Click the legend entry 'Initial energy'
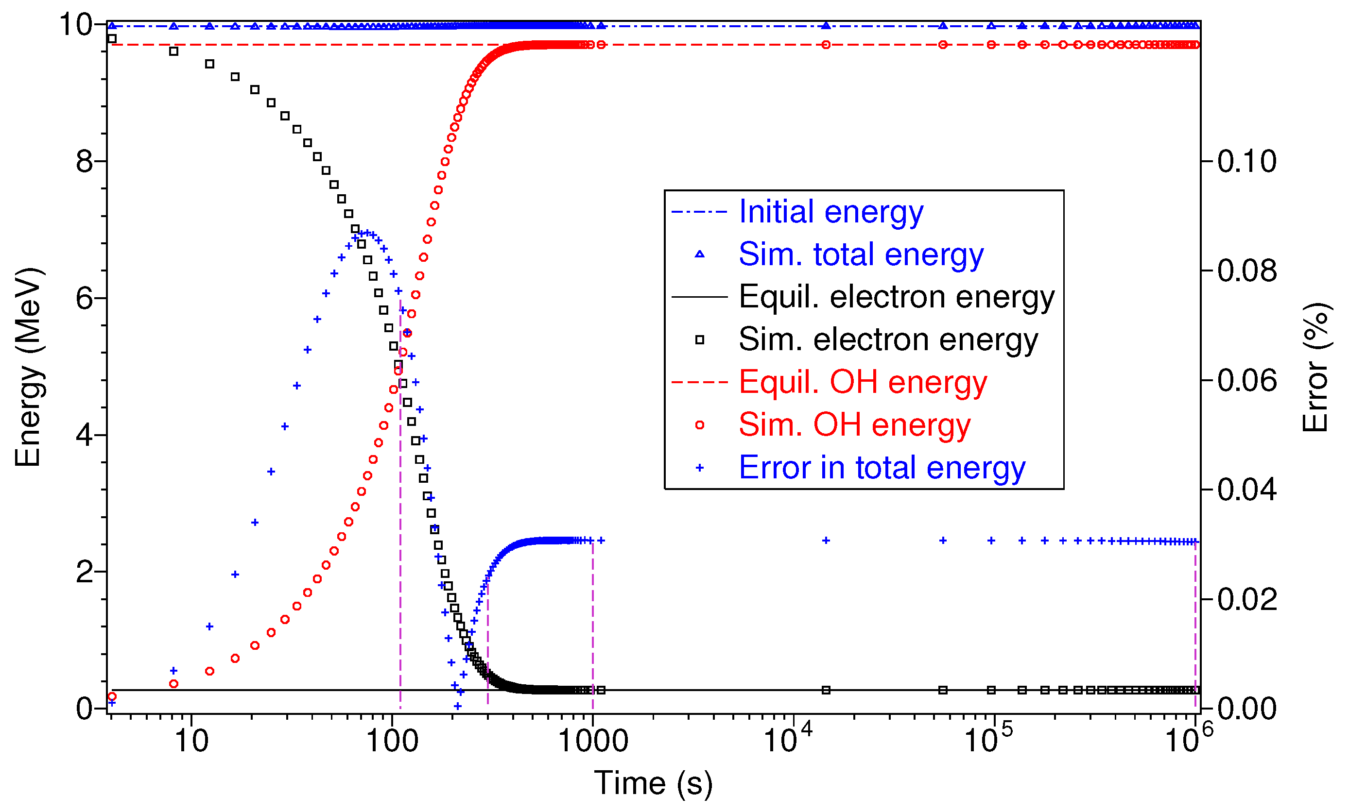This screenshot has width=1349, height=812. (830, 212)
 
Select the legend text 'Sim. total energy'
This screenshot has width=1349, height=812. (861, 254)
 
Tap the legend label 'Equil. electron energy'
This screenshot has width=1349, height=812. (896, 297)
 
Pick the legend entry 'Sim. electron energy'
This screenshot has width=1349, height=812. (888, 340)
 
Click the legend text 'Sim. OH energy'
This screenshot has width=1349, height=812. (854, 424)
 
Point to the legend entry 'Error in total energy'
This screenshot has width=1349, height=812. (882, 468)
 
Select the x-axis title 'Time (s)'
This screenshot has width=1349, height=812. (653, 783)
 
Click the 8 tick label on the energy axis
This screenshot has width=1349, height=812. (85, 162)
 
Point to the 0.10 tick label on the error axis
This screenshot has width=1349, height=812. (1246, 161)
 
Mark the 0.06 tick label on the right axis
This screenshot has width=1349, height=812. (1246, 380)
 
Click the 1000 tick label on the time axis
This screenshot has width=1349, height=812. (592, 742)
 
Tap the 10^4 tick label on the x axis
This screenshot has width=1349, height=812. (787, 740)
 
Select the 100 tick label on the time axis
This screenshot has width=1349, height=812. (392, 742)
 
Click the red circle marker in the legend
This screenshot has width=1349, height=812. (699, 425)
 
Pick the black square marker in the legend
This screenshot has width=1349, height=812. (699, 340)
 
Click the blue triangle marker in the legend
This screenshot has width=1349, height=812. (699, 254)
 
